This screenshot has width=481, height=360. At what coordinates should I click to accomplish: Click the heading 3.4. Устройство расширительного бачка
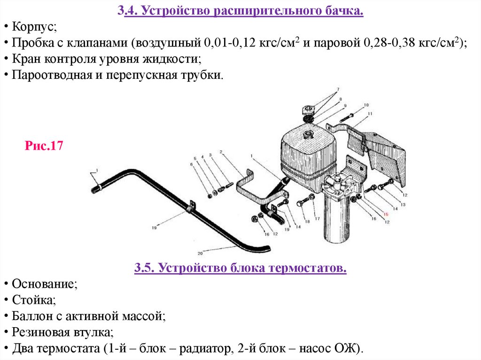(240, 10)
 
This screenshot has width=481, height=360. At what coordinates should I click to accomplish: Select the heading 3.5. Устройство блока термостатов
(240, 269)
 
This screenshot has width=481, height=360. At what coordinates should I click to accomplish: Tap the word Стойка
(32, 301)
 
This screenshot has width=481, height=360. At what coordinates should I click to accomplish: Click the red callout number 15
(386, 214)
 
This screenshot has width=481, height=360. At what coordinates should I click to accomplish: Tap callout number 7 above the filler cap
(337, 90)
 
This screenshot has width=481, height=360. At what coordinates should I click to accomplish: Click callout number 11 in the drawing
(370, 114)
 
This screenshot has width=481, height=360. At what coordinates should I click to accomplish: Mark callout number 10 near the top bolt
(366, 106)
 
